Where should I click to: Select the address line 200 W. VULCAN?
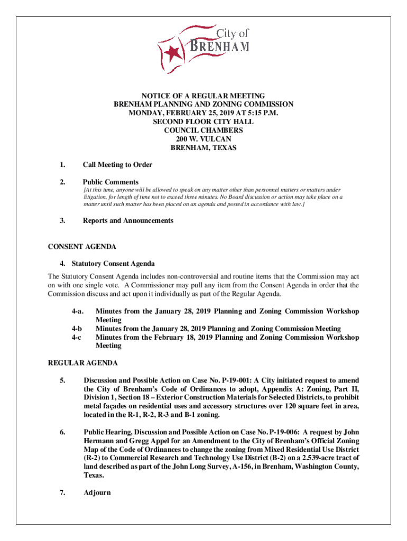pos(203,139)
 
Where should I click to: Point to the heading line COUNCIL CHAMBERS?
pos(203,130)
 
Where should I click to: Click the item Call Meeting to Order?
pos(117,165)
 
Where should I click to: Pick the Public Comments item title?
pos(110,182)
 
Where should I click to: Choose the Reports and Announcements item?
pos(128,220)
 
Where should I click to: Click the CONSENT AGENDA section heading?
pos(82,246)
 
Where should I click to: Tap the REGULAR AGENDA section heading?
pos(83,363)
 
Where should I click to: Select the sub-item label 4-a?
pos(77,312)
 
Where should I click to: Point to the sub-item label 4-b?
pos(77,329)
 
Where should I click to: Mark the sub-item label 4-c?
pos(77,337)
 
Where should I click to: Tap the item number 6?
pos(62,432)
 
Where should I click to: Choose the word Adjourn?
pos(97,493)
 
